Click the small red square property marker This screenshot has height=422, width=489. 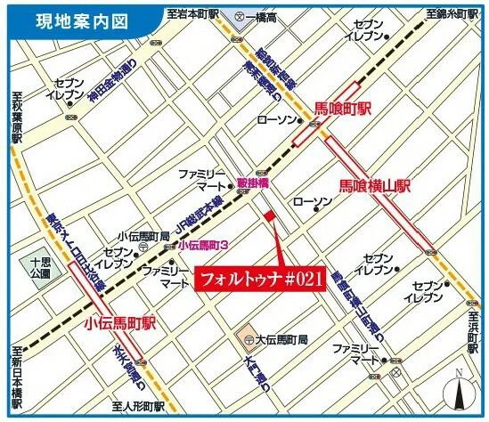pyautogui.click(x=269, y=215)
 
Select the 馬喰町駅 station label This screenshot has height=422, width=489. pyautogui.click(x=342, y=109)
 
